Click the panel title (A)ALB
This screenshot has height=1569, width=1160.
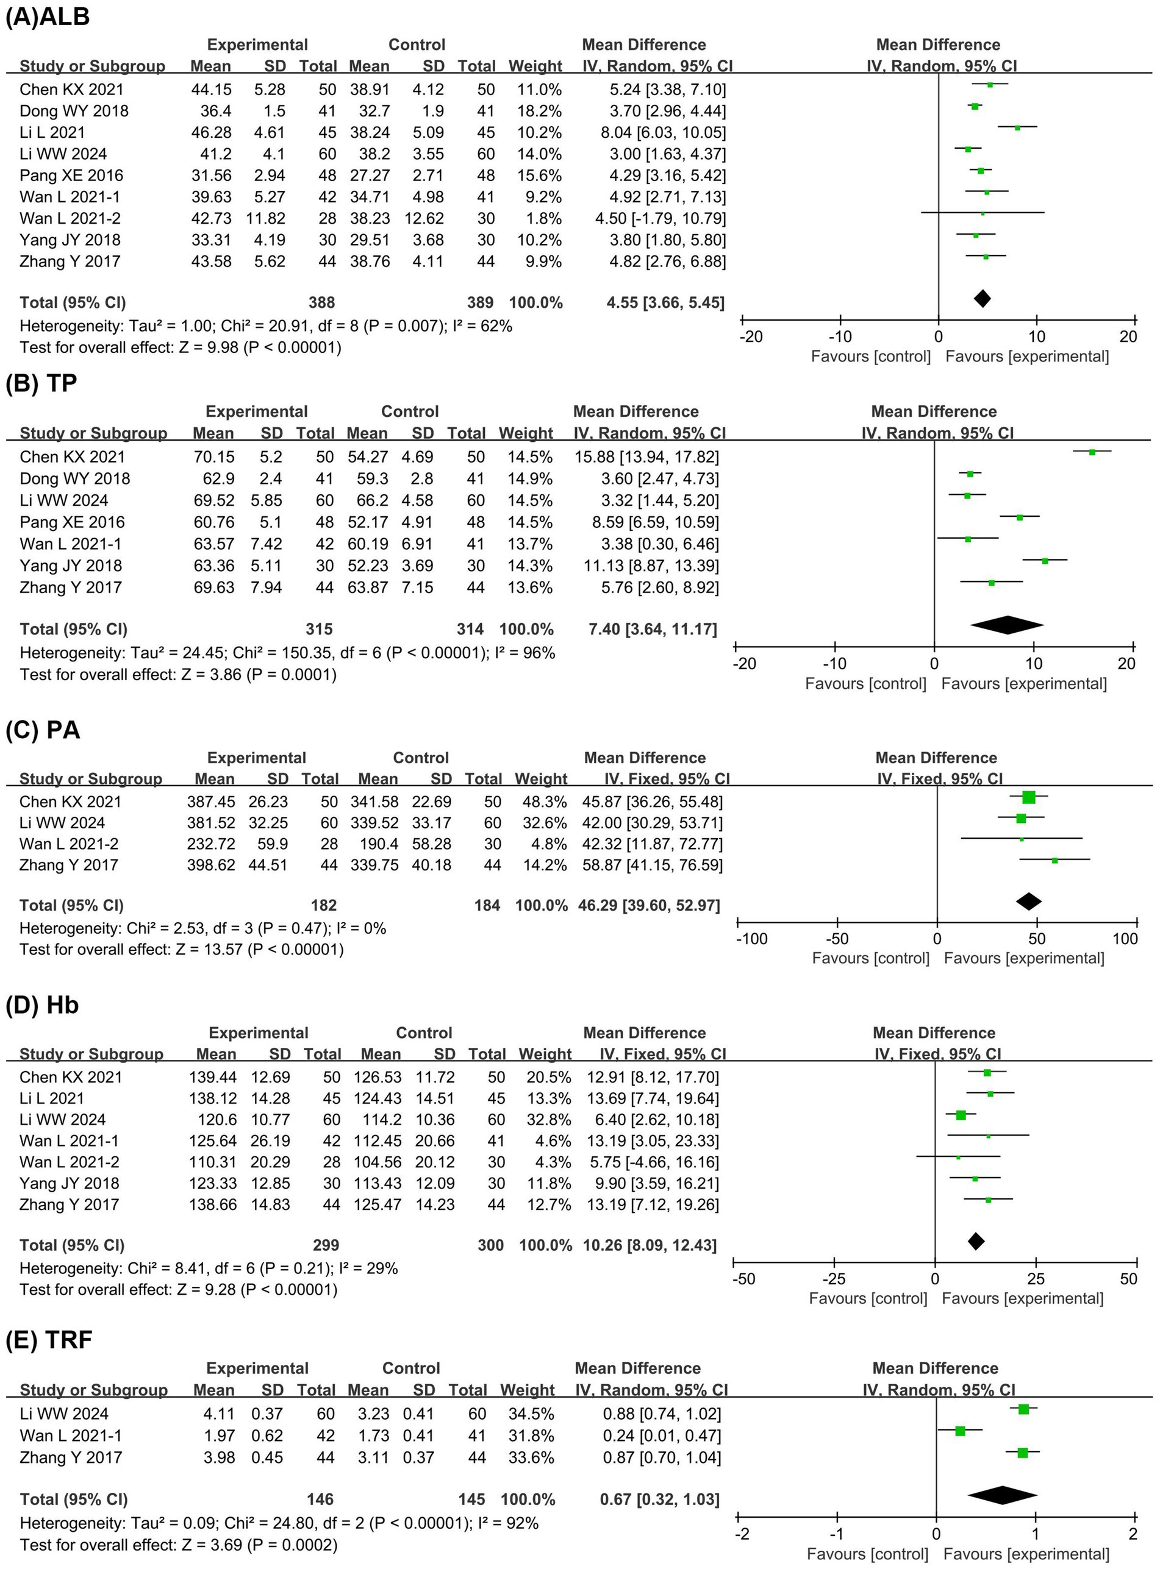[48, 16]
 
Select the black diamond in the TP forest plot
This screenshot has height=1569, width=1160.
[1007, 625]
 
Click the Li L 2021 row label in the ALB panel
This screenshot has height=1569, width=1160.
[52, 133]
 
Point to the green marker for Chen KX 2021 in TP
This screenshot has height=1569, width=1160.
[1092, 452]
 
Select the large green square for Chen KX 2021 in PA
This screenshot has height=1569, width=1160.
[1029, 797]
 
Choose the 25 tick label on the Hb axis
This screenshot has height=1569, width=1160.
[1036, 1278]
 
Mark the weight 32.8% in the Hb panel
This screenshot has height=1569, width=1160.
[544, 1119]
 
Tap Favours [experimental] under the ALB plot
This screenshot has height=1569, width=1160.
[1026, 357]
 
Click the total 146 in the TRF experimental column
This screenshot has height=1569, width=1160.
[320, 1500]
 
